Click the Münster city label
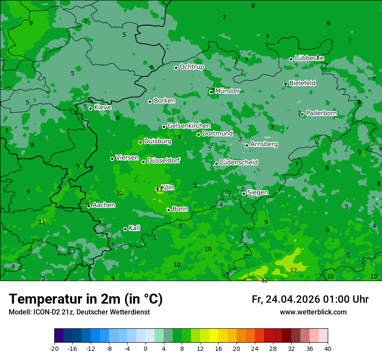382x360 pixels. coord(227,91)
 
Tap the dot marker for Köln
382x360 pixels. coord(158,189)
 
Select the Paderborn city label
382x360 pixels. coord(321,114)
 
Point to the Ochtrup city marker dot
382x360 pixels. coord(176,68)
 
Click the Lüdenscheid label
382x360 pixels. coord(239,163)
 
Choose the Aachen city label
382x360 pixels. coord(104,205)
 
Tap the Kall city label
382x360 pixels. coord(134,228)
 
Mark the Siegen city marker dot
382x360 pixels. coord(244,193)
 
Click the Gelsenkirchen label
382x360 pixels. coord(189,126)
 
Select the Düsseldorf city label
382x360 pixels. coord(164,160)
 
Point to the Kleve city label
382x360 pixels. coord(102,108)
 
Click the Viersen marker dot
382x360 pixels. coord(112,159)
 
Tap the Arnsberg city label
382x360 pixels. coord(264,144)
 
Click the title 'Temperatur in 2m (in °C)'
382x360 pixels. coord(86,299)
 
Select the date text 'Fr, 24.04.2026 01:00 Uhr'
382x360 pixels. coord(310,299)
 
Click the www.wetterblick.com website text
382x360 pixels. coord(313,312)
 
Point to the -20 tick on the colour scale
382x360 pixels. coord(54,348)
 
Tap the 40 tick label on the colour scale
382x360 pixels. coord(328,348)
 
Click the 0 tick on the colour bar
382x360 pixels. coord(145,348)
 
